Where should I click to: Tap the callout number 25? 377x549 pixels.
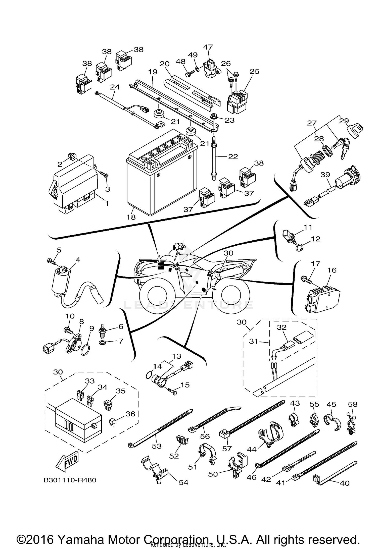[x=254, y=71]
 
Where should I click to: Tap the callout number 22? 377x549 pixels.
[x=233, y=156]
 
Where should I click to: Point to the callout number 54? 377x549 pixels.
[x=183, y=482]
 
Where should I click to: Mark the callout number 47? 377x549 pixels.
[x=208, y=47]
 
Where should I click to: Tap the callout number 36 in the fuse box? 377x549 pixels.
[x=130, y=414]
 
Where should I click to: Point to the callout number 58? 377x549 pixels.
[x=353, y=404]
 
